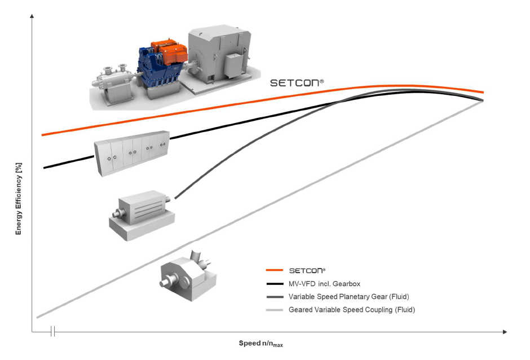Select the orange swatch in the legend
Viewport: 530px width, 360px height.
(x=273, y=270)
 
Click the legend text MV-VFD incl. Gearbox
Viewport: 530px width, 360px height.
(x=324, y=283)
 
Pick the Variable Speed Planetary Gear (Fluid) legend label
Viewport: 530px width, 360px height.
(x=348, y=296)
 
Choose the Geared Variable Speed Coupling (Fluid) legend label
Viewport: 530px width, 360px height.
(x=352, y=309)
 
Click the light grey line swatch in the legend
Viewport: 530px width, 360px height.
(x=273, y=309)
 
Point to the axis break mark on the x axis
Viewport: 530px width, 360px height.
(x=52, y=332)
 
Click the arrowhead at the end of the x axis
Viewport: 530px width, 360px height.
(x=504, y=332)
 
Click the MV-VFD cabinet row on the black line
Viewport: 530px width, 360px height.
(x=131, y=153)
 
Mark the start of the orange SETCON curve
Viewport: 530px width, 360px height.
(x=43, y=135)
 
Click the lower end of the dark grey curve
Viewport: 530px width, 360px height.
(x=176, y=198)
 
